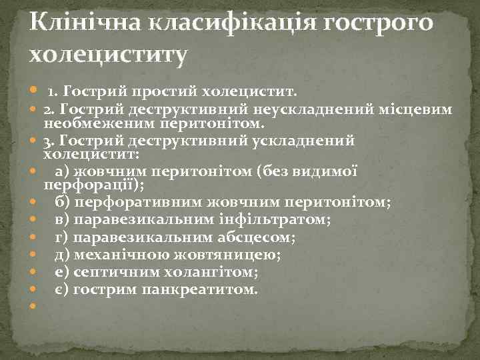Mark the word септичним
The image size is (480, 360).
click(109, 272)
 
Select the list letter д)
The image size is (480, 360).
click(62, 254)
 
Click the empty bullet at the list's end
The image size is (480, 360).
click(33, 307)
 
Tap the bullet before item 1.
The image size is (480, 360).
click(33, 91)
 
